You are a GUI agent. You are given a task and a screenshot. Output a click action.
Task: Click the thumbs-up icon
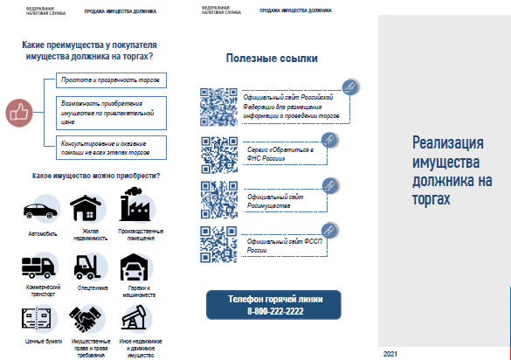17,111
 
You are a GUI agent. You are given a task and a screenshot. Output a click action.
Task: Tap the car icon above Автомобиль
41,211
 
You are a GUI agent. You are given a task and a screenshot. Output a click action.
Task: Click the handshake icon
88,316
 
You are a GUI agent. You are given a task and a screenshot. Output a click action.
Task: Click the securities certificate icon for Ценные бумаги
41,316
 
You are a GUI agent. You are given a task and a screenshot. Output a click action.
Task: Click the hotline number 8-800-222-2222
274,311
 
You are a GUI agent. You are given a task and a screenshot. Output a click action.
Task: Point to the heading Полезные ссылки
272,58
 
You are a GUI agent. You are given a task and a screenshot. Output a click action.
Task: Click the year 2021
390,353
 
